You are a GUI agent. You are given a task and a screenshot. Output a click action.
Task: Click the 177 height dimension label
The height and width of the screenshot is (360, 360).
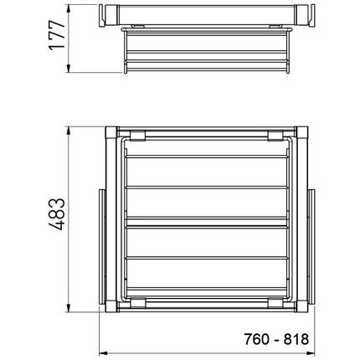(x=57, y=35)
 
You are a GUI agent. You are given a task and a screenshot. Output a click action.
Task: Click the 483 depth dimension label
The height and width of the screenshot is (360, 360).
(x=57, y=214)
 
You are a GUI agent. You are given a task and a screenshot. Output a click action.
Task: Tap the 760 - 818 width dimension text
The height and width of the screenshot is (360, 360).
(x=276, y=339)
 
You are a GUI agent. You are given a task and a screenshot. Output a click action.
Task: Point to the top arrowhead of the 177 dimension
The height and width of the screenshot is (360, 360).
(x=69, y=8)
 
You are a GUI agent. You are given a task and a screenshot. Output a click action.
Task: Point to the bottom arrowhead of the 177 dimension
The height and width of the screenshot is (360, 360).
(x=69, y=69)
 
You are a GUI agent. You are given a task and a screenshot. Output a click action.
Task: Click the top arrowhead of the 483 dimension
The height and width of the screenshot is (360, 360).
(x=69, y=131)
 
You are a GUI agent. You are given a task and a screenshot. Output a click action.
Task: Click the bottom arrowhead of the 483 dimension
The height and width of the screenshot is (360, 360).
(x=69, y=308)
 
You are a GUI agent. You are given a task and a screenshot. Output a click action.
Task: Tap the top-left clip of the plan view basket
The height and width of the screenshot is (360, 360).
(x=137, y=136)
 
